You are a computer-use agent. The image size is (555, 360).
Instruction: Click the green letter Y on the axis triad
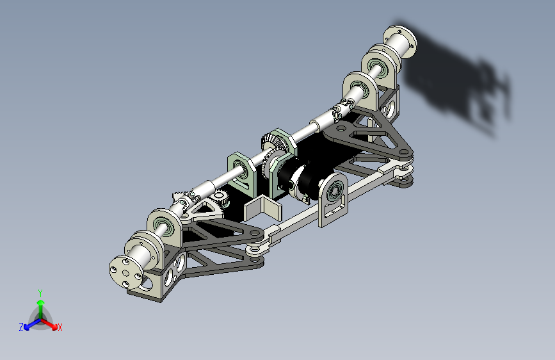tap(40, 293)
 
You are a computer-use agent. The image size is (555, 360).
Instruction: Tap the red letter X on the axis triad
tap(60, 327)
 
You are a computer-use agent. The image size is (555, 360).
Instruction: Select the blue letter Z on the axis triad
tap(21, 327)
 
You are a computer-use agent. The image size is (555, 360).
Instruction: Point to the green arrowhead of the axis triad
tap(41, 302)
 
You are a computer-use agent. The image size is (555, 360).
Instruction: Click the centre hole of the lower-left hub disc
tap(126, 273)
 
